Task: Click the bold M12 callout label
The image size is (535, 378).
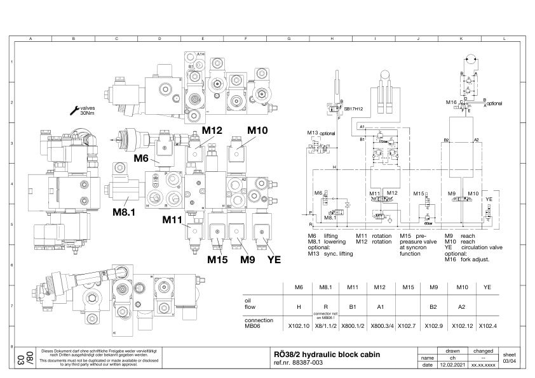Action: pos(212,130)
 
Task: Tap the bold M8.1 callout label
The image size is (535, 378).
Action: pos(125,211)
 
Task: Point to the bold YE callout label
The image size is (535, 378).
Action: pos(274,258)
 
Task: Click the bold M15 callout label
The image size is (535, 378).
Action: pos(217,258)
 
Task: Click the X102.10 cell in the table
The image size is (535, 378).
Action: pos(298,326)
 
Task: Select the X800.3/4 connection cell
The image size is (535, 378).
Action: pos(379,326)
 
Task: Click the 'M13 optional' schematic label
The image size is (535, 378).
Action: pos(321,133)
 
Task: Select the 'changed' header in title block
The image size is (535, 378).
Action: pos(480,350)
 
